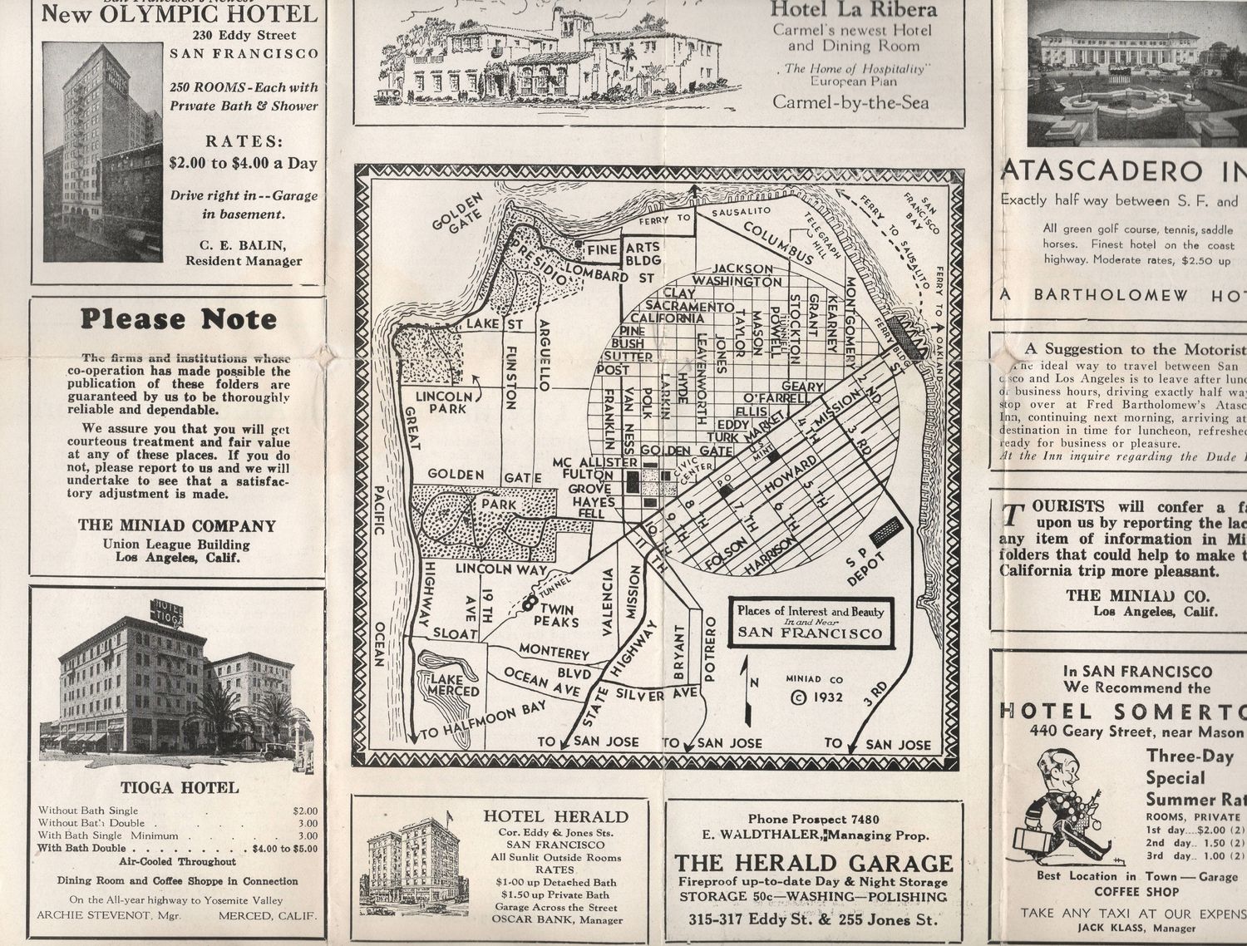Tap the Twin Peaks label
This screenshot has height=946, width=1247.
tap(556, 616)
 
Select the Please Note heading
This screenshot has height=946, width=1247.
tap(177, 320)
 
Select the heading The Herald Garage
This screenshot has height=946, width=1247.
tap(813, 863)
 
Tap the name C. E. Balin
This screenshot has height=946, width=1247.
tap(244, 244)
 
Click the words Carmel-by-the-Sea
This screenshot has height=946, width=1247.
tap(850, 102)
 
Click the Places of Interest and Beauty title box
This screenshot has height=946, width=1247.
tap(811, 622)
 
